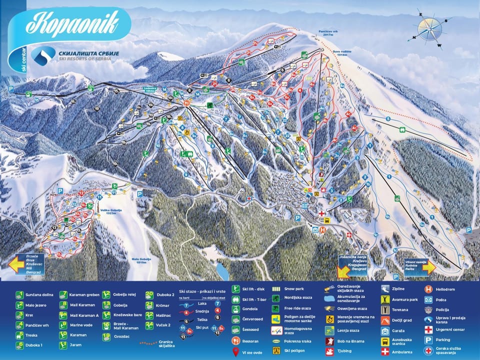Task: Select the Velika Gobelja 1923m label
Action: (x=112, y=211)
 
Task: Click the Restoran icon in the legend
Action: (x=235, y=340)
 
